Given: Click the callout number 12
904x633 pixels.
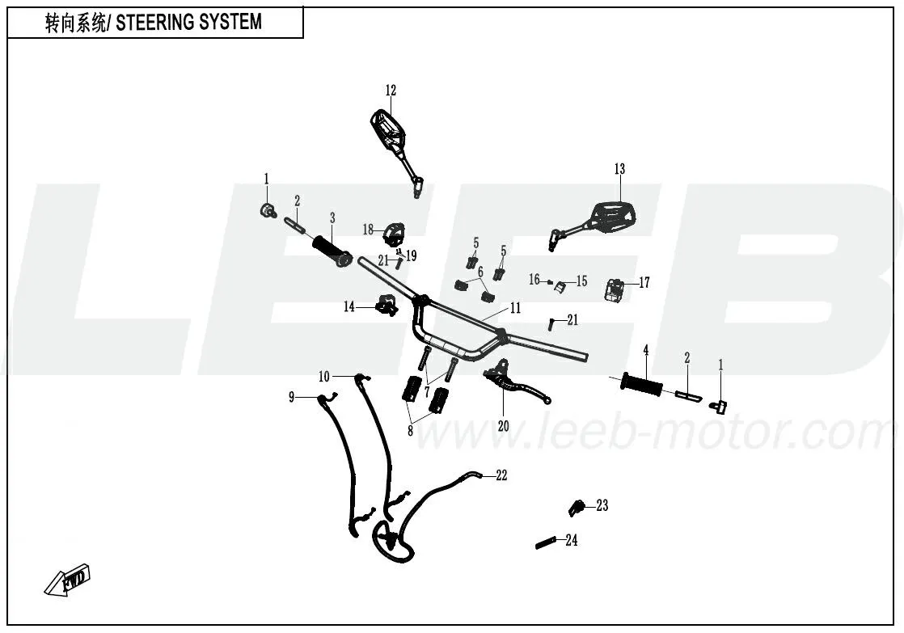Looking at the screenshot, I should coord(391,91).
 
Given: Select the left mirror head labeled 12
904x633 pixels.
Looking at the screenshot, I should coord(386,130).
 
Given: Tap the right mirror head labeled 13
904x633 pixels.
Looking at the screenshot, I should coord(614,215).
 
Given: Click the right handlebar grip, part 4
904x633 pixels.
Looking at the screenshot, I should coord(642,383).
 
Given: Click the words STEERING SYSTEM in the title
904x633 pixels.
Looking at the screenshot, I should coord(189,23).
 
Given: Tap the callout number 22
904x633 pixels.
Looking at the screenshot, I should coord(501,475).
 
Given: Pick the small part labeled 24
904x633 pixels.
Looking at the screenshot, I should coord(547,542).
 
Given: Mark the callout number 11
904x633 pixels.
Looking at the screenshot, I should coord(515,308).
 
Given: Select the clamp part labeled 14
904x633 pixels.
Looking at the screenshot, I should coord(387,306).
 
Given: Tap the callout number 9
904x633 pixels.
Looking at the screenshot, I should coord(292,397).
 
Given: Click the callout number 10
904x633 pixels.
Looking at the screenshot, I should coord(324,376).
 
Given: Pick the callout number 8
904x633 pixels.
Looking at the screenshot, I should coord(410,430).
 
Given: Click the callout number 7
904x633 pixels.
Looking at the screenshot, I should coord(427,390).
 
